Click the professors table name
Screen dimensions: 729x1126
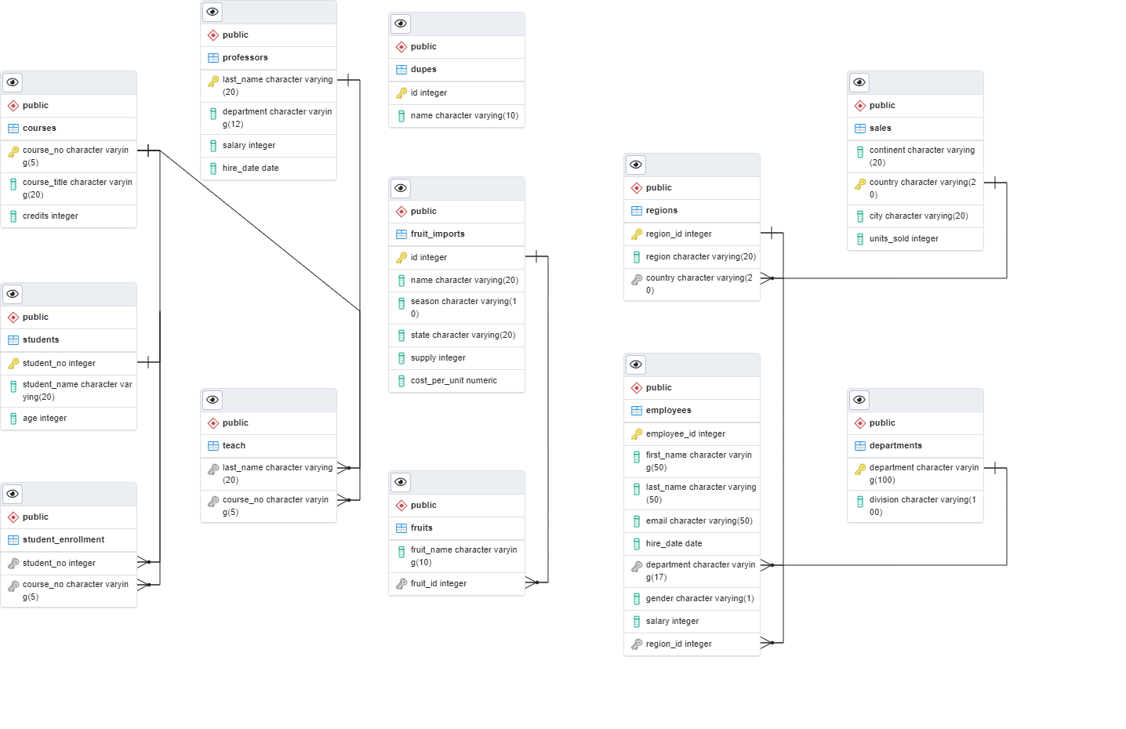[245, 57]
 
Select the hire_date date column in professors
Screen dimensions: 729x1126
[250, 168]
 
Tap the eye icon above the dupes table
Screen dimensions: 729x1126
[401, 24]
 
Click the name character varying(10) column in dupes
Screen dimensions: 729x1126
[464, 115]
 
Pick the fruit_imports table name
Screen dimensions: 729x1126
[438, 234]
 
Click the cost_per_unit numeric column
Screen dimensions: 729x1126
[453, 380]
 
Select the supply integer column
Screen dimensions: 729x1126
[438, 357]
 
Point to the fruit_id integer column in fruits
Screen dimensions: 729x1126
[438, 583]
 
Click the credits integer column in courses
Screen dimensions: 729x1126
[50, 216]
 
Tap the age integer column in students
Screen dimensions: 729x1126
[45, 418]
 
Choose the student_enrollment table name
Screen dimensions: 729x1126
[64, 539]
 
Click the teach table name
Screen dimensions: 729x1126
[234, 445]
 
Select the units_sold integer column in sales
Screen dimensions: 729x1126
[903, 238]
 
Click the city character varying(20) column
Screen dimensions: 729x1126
[918, 216]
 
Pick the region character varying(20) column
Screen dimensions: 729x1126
[700, 256]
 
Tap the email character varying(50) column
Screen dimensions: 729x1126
[699, 520]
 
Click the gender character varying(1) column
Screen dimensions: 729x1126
[699, 598]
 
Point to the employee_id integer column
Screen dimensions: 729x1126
[685, 433]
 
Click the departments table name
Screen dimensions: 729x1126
[895, 445]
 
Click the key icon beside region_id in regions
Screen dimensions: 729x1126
[637, 234]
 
